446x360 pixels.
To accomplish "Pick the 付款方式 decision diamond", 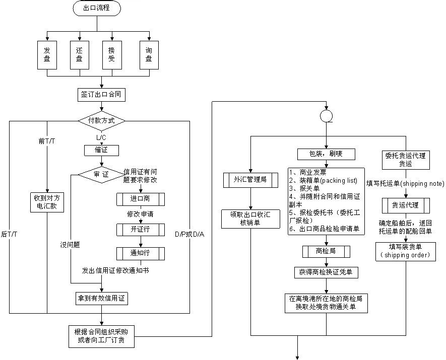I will (x=101, y=121).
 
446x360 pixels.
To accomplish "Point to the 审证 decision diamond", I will (x=101, y=174).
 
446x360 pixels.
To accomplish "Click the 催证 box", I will (x=101, y=150).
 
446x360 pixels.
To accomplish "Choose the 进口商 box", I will (x=141, y=199).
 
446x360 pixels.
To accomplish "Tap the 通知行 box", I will (x=141, y=253).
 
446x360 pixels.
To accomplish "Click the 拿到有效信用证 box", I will (x=101, y=298).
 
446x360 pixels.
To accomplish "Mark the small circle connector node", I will (x=326, y=116).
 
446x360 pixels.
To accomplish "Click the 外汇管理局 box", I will (x=250, y=179).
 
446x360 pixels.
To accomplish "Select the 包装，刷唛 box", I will (x=326, y=154).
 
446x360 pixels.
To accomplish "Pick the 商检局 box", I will (x=326, y=251).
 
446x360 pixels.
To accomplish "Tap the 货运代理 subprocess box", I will (x=406, y=205).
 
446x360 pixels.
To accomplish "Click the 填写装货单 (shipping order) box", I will (x=406, y=251).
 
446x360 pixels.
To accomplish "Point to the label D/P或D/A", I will (x=189, y=235).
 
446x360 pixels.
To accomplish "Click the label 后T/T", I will (x=10, y=234).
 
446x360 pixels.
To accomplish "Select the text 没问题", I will (x=70, y=245).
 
